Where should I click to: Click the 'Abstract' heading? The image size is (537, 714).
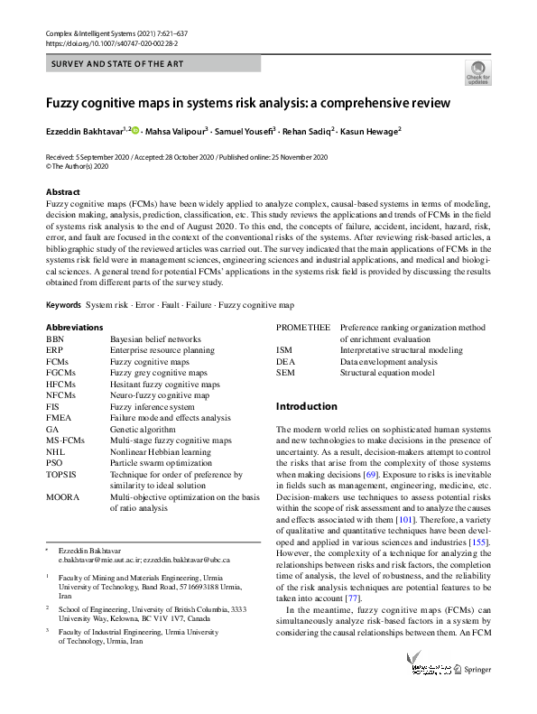[x=63, y=192]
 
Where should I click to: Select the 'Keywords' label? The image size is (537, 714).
[x=63, y=305]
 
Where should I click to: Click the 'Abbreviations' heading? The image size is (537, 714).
[x=74, y=327]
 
